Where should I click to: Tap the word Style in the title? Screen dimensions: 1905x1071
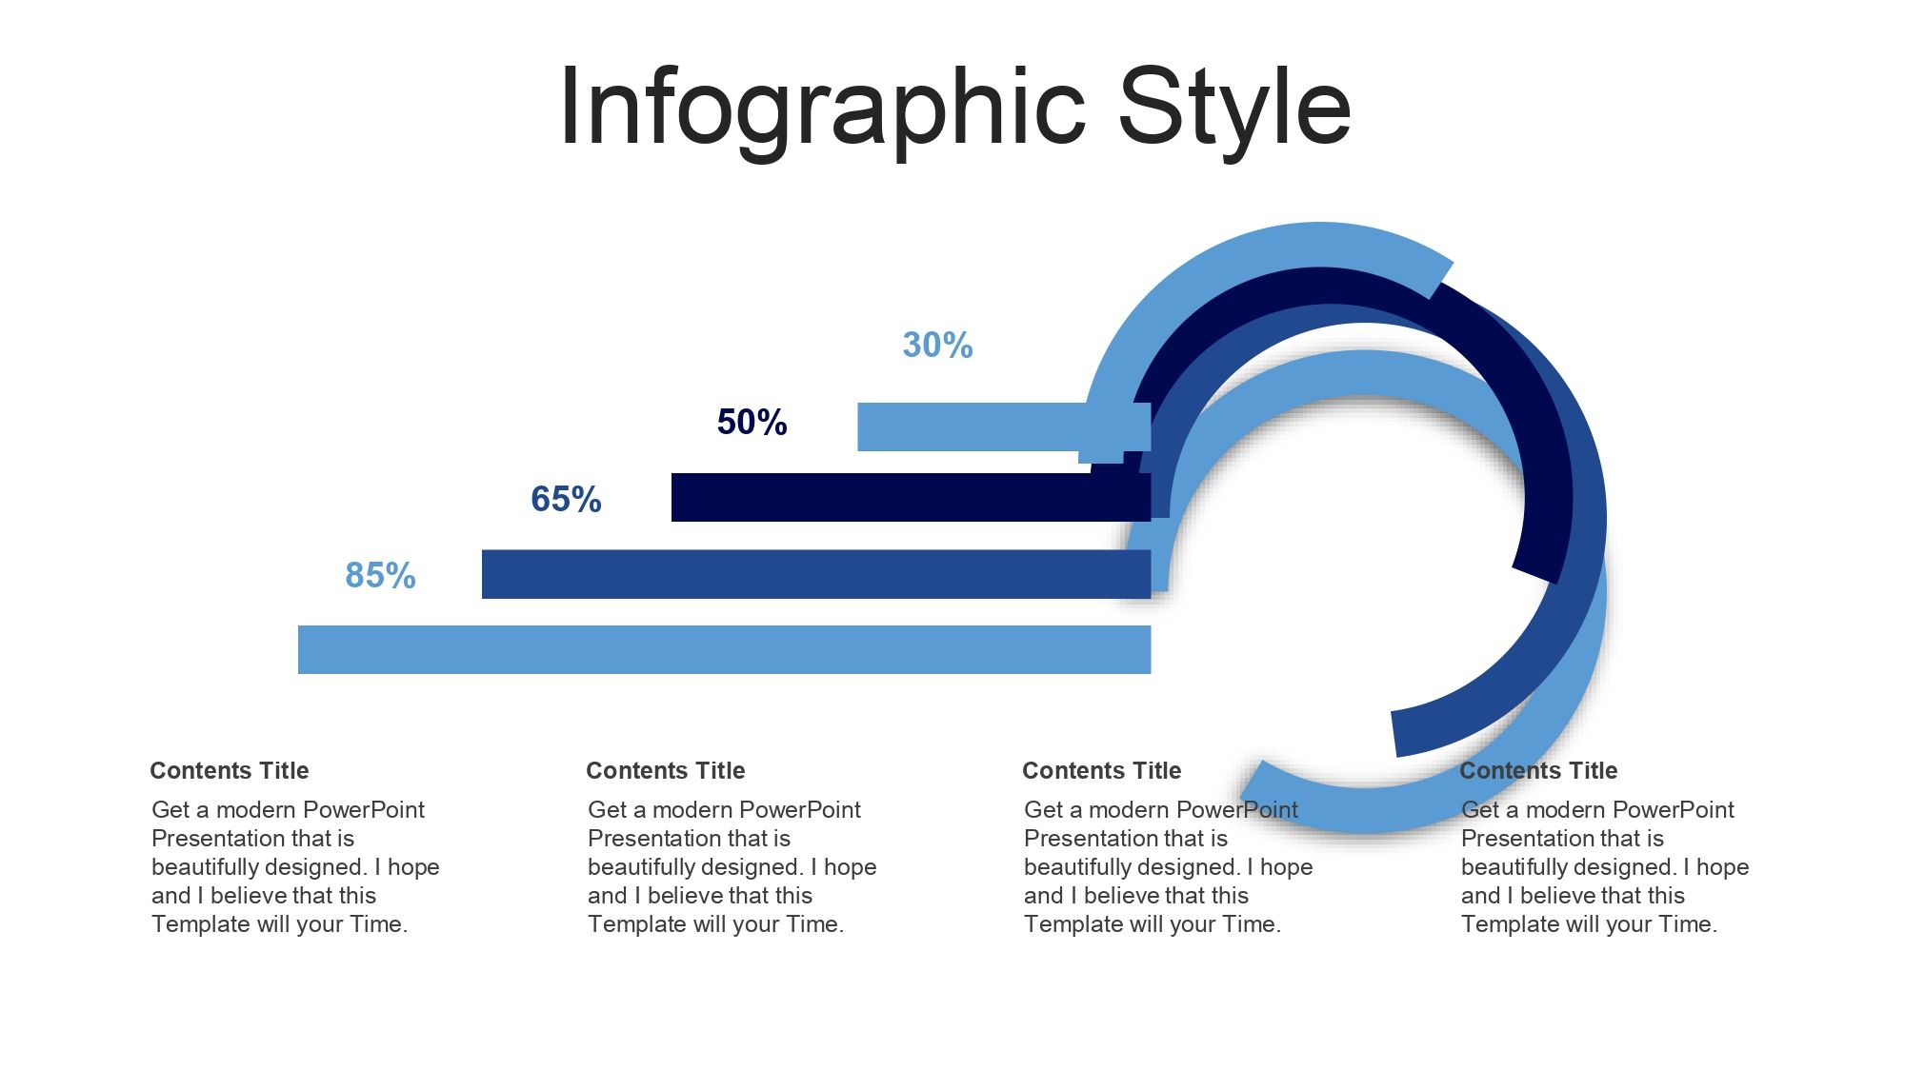1235,109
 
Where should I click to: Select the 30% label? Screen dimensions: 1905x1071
937,345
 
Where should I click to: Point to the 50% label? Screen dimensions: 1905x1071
752,422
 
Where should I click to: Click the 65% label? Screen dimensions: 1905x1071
566,499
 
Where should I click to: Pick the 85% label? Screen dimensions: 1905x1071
380,575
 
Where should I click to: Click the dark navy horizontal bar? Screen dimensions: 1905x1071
911,497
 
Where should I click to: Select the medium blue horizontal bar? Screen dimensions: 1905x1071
816,574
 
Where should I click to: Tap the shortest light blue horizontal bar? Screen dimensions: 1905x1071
1004,426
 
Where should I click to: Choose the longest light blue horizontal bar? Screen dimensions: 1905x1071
724,649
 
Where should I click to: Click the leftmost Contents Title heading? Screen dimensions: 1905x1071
230,770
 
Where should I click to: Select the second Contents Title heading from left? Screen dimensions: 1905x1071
666,770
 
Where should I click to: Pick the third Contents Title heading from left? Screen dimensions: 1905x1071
1102,770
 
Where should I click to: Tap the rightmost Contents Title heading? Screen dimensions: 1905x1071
1538,770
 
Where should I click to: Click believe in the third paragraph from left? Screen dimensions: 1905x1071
1127,895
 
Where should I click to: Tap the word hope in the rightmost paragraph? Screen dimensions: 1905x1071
1720,867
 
